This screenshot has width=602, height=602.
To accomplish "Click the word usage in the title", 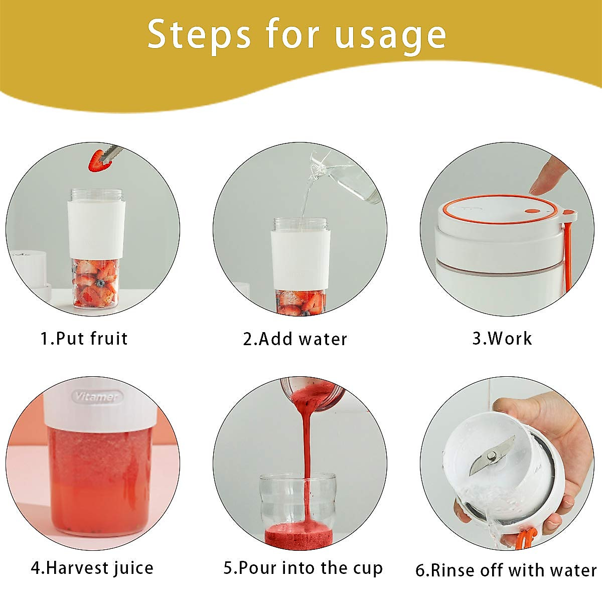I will click(x=390, y=35).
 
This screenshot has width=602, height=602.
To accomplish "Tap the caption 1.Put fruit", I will click(x=84, y=339).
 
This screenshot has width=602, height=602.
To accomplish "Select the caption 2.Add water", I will click(x=295, y=339).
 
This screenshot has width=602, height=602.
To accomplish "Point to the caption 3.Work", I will click(x=502, y=339).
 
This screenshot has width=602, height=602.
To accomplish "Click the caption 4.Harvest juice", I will click(x=92, y=568).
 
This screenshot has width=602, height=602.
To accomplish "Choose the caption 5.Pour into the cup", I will click(x=303, y=568).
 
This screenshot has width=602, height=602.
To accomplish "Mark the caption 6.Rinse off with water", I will click(x=506, y=570).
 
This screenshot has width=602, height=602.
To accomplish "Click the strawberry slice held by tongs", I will click(x=97, y=161).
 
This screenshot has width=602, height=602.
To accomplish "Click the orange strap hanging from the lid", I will click(x=568, y=256).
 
